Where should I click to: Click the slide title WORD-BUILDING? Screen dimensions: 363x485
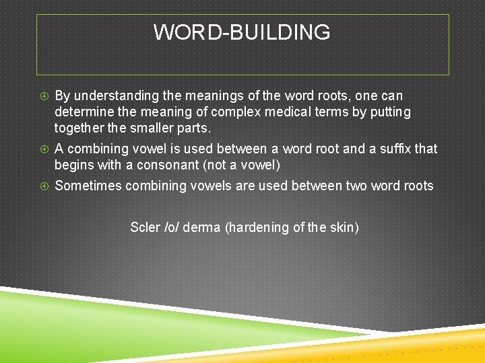click(242, 32)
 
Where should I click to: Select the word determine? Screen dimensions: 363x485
click(84, 112)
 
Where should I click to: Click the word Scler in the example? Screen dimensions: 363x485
click(145, 228)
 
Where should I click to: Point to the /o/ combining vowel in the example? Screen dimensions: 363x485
click(172, 228)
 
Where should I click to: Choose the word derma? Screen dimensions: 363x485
click(202, 228)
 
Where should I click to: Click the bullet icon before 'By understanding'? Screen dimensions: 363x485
click(44, 96)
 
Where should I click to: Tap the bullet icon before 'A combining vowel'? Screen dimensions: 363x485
click(44, 149)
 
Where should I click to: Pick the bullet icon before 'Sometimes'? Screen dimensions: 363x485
click(44, 186)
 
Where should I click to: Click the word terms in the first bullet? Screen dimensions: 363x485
click(329, 112)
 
